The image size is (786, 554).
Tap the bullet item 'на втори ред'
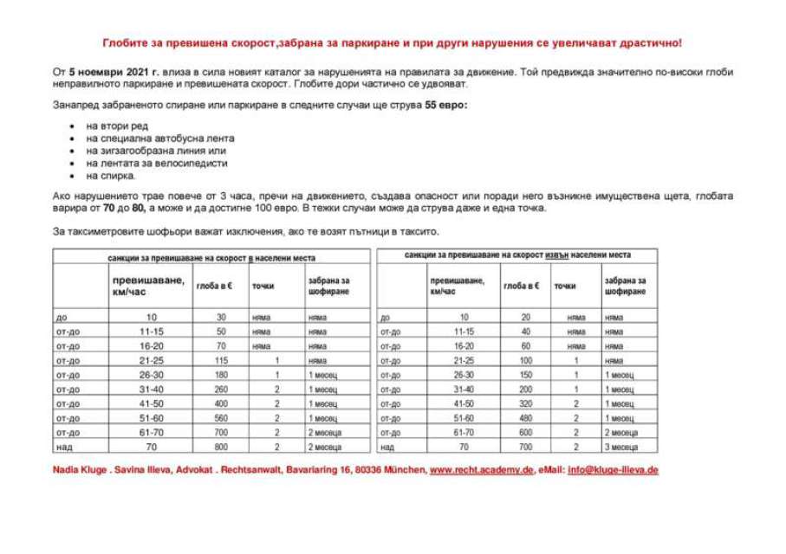pos(117,126)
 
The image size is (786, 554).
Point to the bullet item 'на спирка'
pos(111,175)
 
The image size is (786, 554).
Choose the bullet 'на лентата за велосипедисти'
pos(157,163)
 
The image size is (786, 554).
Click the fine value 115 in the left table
pos(221,359)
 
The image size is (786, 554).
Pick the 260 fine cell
pos(221,389)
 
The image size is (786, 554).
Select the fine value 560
pos(221,417)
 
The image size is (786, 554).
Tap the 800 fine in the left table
pos(221,447)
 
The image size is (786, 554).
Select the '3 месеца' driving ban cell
pos(621,447)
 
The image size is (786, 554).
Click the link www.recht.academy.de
pos(481,469)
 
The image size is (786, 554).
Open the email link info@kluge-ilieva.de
pos(613,469)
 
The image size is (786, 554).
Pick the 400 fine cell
pos(221,403)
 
